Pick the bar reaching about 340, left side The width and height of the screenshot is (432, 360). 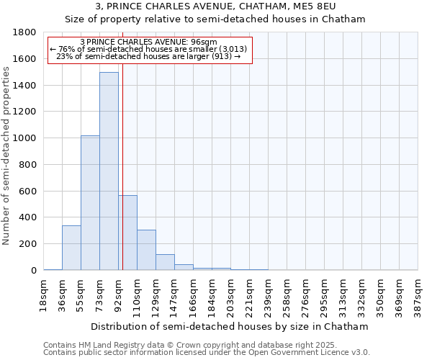coord(71,248)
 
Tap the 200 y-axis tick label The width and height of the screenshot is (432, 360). coord(28,244)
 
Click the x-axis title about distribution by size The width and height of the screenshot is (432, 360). coord(230,326)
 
